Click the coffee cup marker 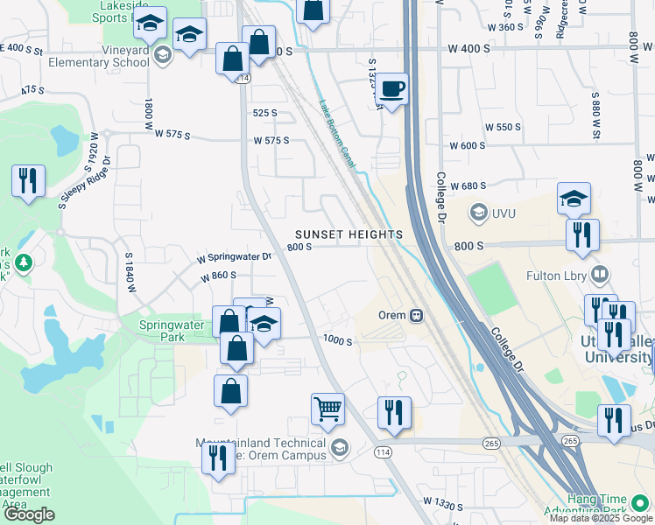393,88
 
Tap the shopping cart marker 327,408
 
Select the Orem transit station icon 418,315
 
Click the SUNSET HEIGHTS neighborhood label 349,234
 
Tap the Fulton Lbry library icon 600,276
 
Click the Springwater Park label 172,325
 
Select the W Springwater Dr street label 235,257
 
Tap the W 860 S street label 218,276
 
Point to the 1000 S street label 337,341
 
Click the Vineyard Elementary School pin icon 162,56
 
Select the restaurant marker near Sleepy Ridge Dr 28,181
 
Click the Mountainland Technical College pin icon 340,449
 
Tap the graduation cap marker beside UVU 573,199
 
